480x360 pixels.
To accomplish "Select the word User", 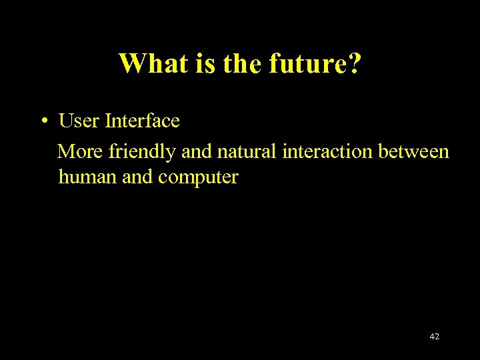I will pyautogui.click(x=79, y=121).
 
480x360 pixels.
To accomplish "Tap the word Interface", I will pyautogui.click(x=142, y=121).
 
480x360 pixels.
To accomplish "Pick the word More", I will pyautogui.click(x=81, y=152).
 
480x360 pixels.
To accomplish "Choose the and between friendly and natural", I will pyautogui.click(x=197, y=152).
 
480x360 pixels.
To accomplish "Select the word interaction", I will pyautogui.click(x=328, y=152).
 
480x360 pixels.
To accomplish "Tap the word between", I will pyautogui.click(x=414, y=152).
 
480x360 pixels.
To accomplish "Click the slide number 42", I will pyautogui.click(x=434, y=337).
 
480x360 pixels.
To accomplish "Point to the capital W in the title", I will pyautogui.click(x=131, y=63).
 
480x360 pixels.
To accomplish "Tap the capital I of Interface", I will pyautogui.click(x=108, y=121).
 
